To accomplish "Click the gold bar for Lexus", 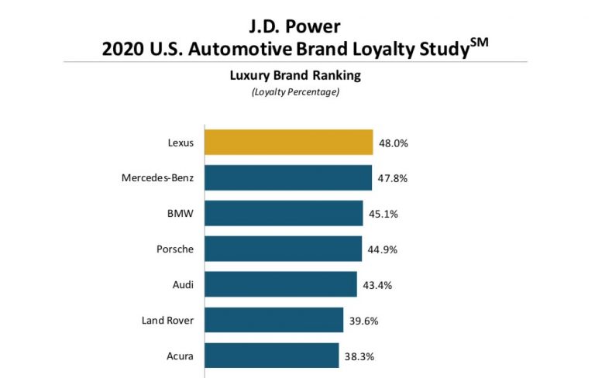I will [x=288, y=143].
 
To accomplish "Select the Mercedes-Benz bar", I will [x=287, y=178].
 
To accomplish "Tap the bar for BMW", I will [x=283, y=213].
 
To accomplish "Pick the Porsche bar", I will [x=282, y=249].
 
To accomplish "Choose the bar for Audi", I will [x=280, y=284].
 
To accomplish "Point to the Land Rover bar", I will [x=273, y=320].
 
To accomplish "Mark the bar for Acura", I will [x=270, y=356].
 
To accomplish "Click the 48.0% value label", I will [x=393, y=143].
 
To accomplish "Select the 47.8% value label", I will [x=391, y=178].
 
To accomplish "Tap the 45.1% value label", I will [x=382, y=213].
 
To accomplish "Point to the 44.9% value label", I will [x=381, y=249].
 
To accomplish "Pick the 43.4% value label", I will [x=377, y=284].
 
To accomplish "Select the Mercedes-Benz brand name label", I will [x=157, y=178].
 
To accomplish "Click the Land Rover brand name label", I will [x=168, y=320].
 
